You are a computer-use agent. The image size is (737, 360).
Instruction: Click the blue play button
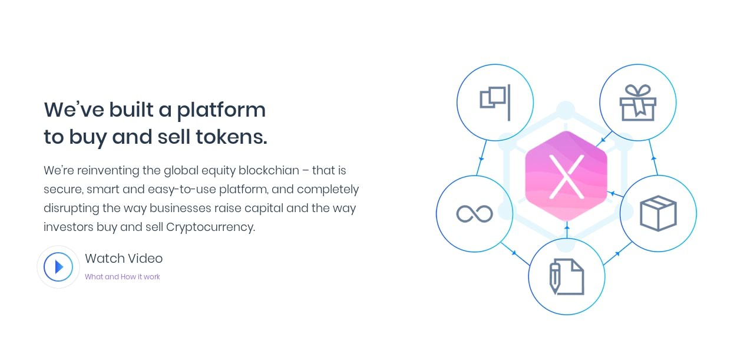[58, 267]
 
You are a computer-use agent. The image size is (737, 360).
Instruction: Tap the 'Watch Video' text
[124, 259]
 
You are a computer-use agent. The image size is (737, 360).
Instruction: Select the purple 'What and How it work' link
[123, 277]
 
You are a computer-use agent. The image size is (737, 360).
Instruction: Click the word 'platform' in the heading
[221, 111]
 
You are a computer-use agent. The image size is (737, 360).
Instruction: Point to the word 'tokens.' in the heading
[232, 137]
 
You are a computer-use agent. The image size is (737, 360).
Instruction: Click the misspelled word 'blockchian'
[269, 170]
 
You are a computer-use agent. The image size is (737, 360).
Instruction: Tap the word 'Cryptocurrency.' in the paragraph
[210, 227]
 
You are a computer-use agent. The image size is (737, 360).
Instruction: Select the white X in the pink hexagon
[567, 177]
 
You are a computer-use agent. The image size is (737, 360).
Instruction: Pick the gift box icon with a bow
[637, 103]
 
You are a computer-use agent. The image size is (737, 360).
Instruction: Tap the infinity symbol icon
[474, 214]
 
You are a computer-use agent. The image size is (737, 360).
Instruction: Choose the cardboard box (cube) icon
[658, 213]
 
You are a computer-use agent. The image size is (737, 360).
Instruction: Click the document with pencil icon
[567, 277]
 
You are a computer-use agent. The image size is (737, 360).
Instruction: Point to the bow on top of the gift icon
[637, 91]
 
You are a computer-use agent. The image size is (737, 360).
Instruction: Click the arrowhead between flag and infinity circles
[481, 159]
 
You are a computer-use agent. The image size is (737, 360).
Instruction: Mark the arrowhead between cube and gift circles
[654, 158]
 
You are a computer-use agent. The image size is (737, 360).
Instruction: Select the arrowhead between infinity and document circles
[514, 253]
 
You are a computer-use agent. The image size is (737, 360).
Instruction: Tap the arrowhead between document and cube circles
[617, 253]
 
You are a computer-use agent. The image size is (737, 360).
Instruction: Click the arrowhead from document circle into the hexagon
[567, 227]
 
